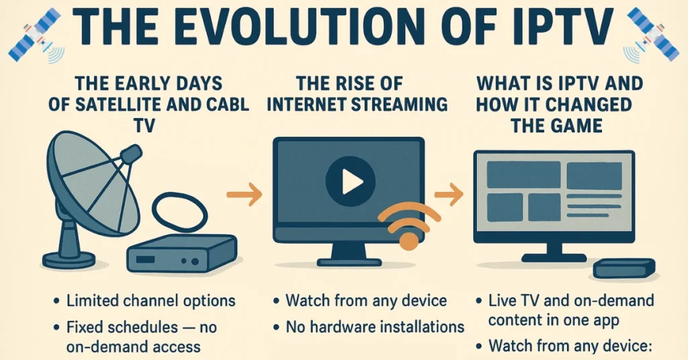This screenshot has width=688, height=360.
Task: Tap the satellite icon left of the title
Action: [x=34, y=35]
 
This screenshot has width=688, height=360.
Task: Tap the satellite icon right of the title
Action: [x=652, y=35]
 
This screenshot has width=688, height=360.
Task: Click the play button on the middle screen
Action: [x=351, y=181]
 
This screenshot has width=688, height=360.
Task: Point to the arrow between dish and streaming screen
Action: [x=245, y=194]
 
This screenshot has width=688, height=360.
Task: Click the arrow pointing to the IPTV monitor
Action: [x=449, y=194]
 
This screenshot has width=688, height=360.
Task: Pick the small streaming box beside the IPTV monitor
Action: [x=624, y=269]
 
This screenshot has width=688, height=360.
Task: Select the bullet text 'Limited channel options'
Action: [x=151, y=301]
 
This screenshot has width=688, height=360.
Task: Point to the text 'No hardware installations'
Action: [x=375, y=326]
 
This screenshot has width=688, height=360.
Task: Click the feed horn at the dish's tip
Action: [x=131, y=154]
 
